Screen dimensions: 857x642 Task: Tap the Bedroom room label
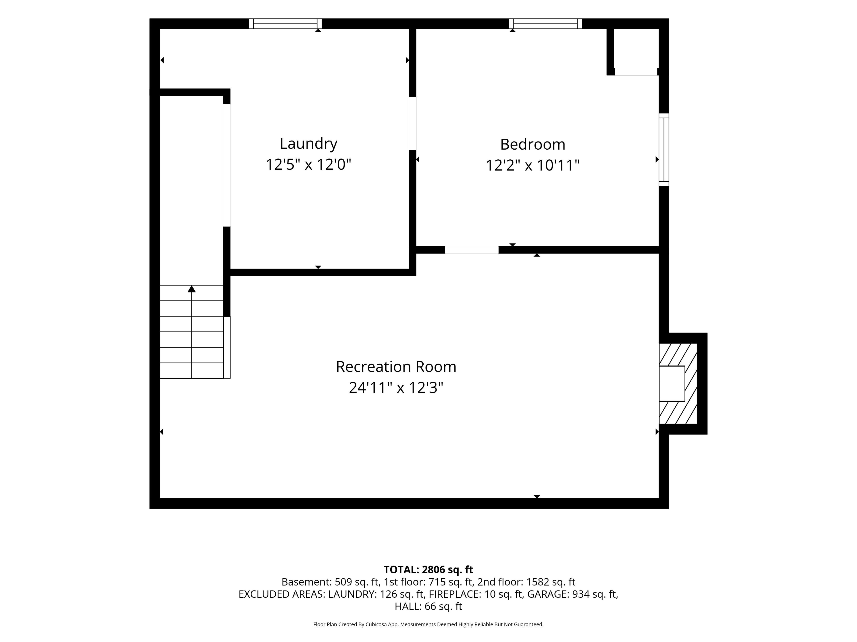coord(533,144)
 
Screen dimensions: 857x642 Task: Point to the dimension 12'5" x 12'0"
coord(308,165)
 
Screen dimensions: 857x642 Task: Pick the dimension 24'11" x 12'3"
coord(396,387)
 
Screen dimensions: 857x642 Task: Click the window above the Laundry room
coord(285,24)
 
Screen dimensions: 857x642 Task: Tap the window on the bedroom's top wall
coord(545,24)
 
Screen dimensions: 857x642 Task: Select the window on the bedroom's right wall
coord(664,150)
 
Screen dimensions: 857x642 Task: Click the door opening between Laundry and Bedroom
coord(413,123)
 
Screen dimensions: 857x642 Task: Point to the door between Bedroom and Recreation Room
coord(472,250)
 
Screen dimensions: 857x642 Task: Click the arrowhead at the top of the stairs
coord(191,289)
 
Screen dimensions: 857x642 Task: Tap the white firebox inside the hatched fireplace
coord(672,383)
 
